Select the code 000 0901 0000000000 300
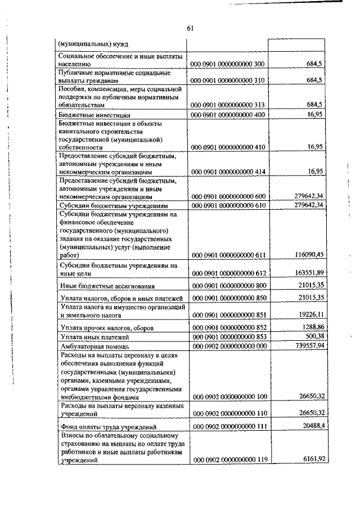(x=228, y=65)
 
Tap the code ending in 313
(x=228, y=105)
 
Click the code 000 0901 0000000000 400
(x=228, y=115)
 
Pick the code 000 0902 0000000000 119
(x=228, y=460)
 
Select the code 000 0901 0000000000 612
(x=228, y=273)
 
